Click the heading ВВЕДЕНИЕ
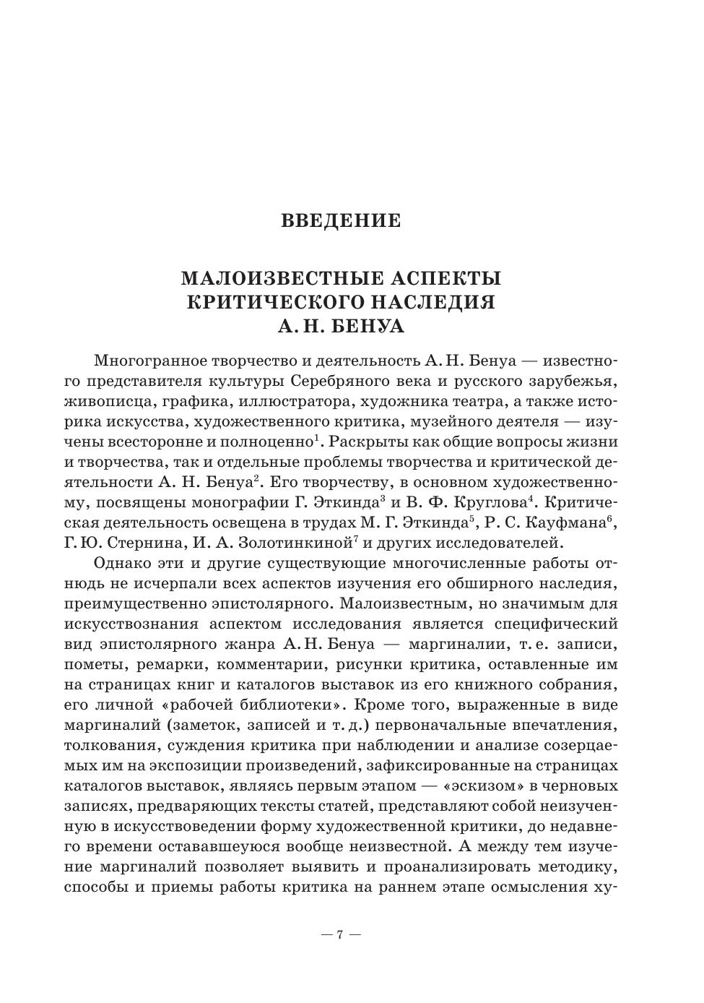(x=341, y=221)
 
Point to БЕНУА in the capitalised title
(x=368, y=327)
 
